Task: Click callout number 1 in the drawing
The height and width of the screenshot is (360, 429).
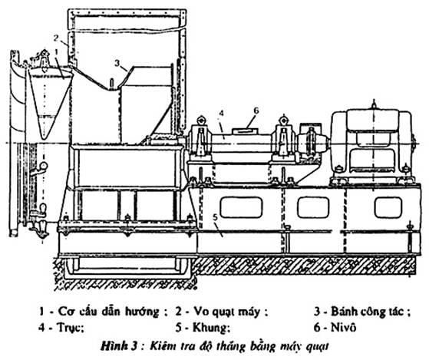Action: pos(57,52)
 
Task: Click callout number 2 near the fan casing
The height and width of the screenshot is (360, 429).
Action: pos(56,38)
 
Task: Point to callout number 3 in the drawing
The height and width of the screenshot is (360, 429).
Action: pos(117,63)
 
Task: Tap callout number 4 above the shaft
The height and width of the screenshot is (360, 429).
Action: pos(222,113)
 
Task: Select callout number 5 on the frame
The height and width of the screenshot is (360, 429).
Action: pos(215,217)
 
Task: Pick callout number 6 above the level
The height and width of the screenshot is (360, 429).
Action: pos(256,111)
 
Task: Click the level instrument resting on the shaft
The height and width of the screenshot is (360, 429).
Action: pos(245,131)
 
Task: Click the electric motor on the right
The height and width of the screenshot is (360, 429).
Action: pos(373,145)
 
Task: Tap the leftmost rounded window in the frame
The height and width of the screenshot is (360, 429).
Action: pos(241,207)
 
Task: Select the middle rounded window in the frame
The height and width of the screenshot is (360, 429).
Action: pos(313,207)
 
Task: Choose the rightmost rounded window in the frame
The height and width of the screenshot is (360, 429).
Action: pos(388,207)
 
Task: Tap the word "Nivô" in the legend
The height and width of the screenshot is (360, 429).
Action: pos(343,327)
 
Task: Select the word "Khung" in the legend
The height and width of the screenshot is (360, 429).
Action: pos(211,327)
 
